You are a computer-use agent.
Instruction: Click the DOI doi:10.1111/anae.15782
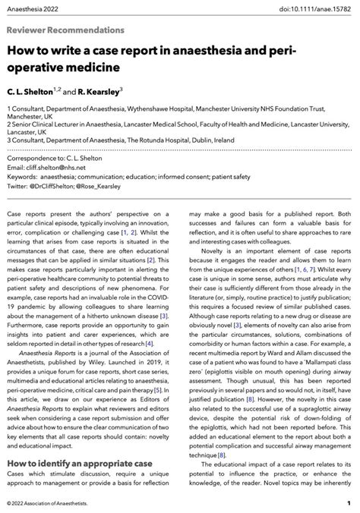312,8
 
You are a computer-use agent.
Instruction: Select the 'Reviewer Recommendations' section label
65,30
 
